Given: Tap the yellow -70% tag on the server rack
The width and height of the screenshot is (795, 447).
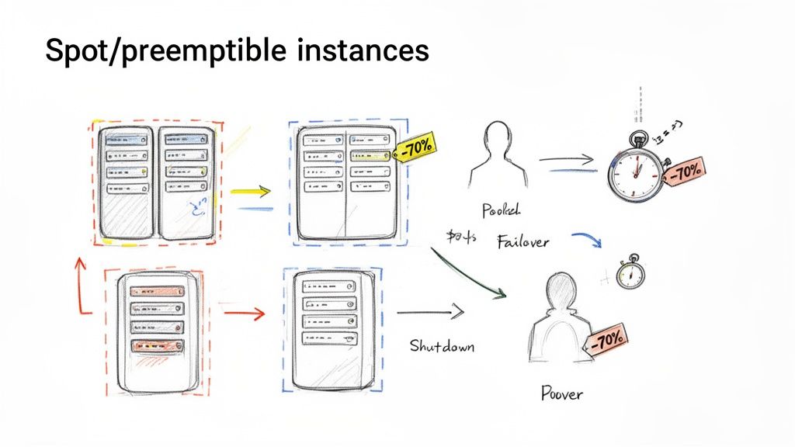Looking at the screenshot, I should coord(416,147).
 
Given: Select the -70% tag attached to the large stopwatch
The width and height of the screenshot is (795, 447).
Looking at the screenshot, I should coord(685,171).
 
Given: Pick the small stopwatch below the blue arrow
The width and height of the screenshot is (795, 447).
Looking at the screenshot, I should coord(630,274).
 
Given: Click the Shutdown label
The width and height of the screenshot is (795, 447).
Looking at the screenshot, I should coord(442,345).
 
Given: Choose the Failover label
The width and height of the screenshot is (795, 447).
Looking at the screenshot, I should coord(522,241).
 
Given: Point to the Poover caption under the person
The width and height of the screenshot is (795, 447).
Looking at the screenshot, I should coord(561,393).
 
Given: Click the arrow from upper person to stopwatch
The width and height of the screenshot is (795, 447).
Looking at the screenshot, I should coord(567,161).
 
